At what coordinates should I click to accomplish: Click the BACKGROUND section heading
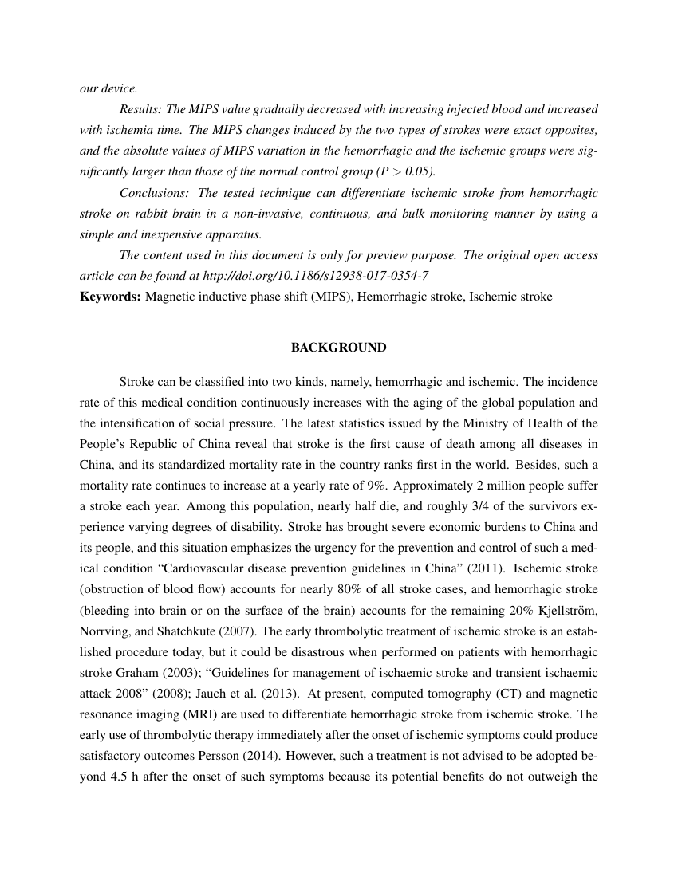(338, 348)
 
